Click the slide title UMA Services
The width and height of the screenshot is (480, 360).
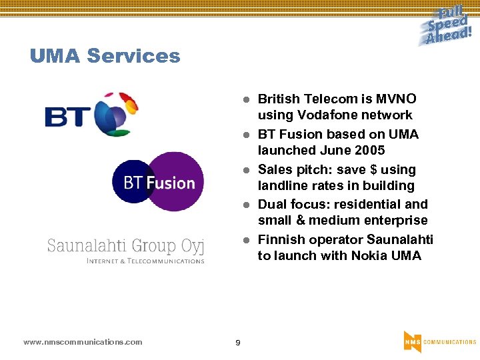[x=105, y=56]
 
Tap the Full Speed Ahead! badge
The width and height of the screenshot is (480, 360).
[x=447, y=25]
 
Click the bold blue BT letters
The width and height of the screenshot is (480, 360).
[x=67, y=117]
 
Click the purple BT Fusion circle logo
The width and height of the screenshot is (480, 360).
[x=159, y=182]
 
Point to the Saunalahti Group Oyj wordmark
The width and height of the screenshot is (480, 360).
[x=125, y=246]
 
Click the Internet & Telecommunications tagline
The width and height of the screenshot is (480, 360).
[x=145, y=261]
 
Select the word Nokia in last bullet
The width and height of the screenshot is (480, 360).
[x=369, y=255]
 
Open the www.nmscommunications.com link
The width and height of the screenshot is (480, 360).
[x=83, y=342]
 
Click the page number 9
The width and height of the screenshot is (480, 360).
[x=238, y=343]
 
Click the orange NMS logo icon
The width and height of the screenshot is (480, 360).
[x=412, y=341]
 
